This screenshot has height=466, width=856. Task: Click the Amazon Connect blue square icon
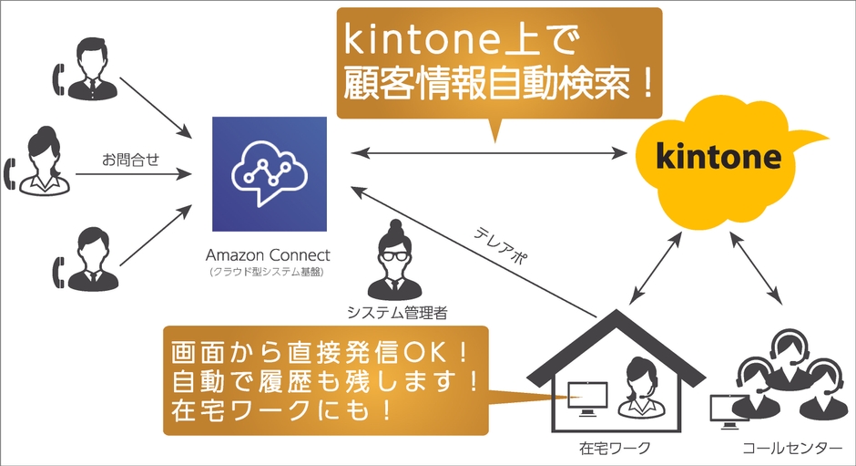(269, 173)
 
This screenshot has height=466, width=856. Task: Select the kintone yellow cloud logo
(719, 161)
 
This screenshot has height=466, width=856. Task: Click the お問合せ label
(131, 161)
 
